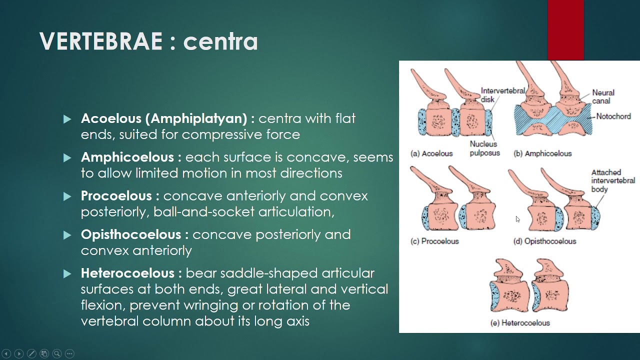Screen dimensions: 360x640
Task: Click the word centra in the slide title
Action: pos(220,41)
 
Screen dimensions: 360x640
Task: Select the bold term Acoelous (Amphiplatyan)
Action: pos(164,118)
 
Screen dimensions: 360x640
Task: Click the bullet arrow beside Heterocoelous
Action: pos(67,273)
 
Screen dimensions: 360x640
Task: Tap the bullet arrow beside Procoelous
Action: pos(67,196)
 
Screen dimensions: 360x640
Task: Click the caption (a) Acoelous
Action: pos(431,153)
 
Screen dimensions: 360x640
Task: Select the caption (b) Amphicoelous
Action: pos(542,153)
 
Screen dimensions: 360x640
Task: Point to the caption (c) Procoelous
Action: pos(434,241)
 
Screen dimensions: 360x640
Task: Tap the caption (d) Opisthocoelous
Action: pos(544,241)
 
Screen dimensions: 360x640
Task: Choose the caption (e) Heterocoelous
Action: pos(520,323)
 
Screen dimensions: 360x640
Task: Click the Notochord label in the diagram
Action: pos(613,116)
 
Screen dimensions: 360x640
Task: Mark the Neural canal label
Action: pos(603,97)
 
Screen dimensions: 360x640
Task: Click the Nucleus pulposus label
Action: pos(484,148)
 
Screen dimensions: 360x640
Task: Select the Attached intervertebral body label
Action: pos(613,181)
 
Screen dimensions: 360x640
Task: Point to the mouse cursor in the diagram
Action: pos(517,219)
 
